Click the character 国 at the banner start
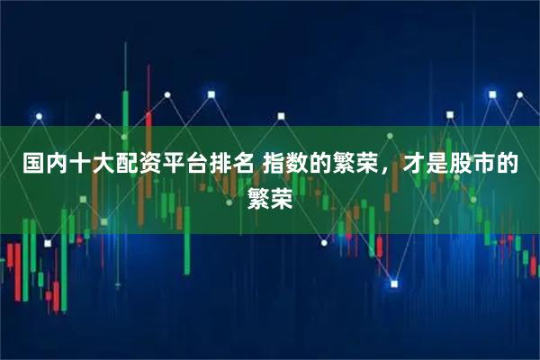[33, 165]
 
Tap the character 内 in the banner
[58, 165]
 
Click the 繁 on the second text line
[257, 197]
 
